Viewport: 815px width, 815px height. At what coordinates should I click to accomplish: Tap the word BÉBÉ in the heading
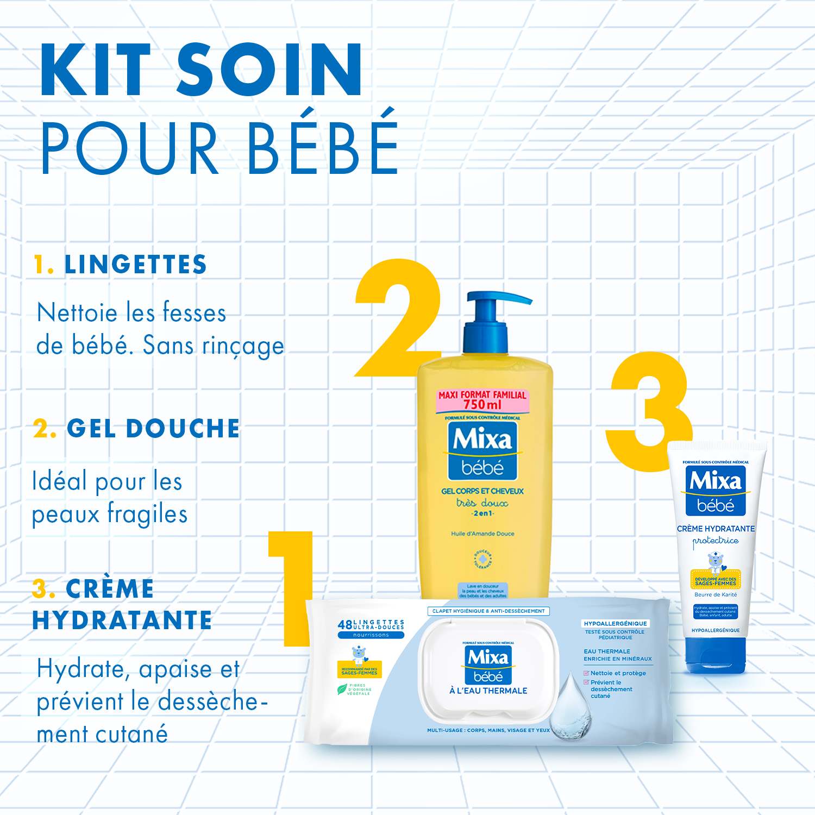tap(323, 142)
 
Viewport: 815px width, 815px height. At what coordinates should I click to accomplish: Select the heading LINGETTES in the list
tap(135, 265)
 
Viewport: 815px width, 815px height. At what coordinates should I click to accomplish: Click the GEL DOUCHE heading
tap(153, 429)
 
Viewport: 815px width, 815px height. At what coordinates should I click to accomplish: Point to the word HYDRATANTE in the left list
tap(122, 620)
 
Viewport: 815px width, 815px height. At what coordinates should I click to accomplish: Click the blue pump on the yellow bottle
tap(489, 315)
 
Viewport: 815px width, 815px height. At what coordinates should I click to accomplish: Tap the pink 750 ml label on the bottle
tap(482, 400)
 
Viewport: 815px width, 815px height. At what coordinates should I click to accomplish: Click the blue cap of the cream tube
tap(716, 655)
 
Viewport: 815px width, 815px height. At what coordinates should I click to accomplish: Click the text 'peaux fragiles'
tap(110, 514)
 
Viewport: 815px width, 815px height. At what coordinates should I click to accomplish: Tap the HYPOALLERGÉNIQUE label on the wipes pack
tap(615, 623)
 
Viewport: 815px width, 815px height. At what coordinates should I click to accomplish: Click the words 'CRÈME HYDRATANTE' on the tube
tap(716, 528)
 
